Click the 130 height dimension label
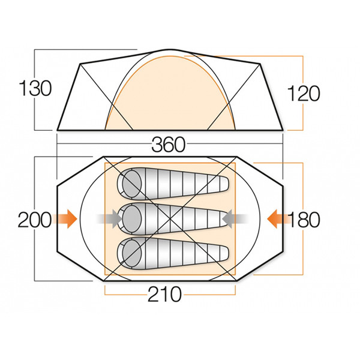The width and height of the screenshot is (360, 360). point(35,88)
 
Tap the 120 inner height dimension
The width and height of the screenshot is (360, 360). point(303,94)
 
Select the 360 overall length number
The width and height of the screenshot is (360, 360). point(169,145)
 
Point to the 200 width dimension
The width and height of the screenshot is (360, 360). point(34,220)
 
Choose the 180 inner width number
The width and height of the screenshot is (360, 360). point(304,220)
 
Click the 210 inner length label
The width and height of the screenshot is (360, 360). point(164,294)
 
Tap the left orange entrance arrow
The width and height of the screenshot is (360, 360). point(65,219)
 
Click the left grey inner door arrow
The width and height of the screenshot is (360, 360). point(109,219)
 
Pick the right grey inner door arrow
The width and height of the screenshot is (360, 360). point(235,219)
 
